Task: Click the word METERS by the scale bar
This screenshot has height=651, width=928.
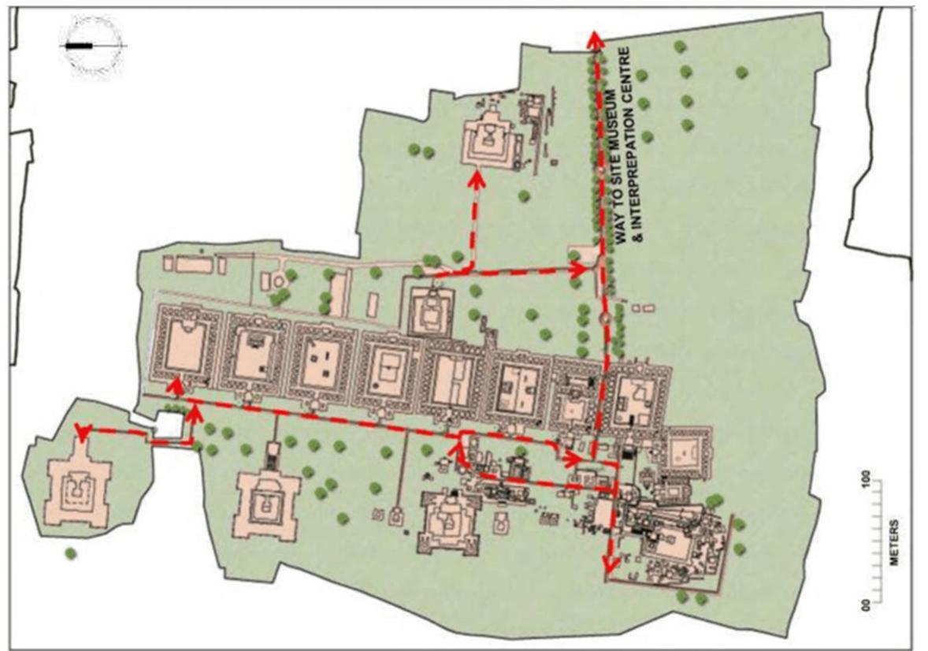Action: click(895, 543)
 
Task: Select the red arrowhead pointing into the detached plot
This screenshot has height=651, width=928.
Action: click(80, 430)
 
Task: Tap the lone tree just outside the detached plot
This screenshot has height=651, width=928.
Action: click(71, 553)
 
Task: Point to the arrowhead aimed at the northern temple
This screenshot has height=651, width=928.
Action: click(476, 177)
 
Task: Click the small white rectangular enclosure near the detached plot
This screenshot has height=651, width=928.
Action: click(171, 426)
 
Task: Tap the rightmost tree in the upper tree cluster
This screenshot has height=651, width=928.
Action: click(741, 73)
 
